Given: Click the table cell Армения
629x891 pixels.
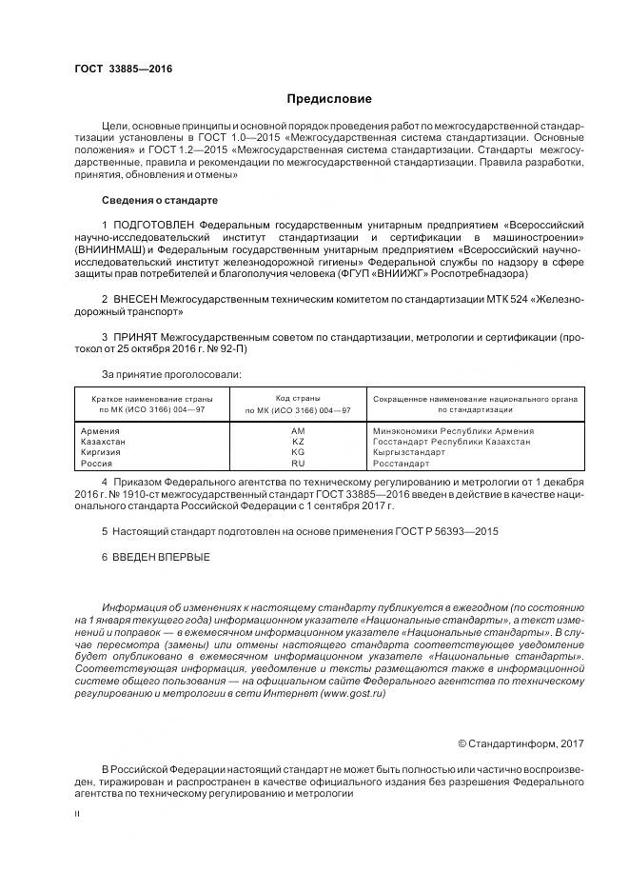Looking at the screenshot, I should (x=102, y=430).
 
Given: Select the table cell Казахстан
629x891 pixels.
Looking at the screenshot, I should (x=106, y=441).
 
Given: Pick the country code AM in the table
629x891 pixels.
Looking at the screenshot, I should (x=298, y=430).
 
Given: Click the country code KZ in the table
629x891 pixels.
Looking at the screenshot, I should (x=298, y=441).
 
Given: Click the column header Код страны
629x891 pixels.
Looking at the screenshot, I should (x=298, y=398).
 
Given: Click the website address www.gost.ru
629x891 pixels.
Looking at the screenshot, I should (x=353, y=695).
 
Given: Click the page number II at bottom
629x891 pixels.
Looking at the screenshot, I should (x=77, y=815).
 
